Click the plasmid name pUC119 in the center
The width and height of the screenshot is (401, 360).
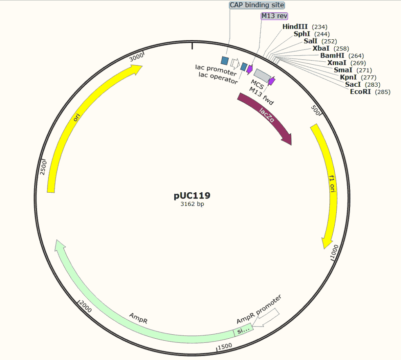192,196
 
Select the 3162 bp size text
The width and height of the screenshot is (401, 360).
192,204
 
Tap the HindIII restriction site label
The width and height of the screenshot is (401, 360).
305,27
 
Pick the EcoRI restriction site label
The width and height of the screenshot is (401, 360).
370,92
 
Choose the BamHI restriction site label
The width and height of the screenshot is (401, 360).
342,56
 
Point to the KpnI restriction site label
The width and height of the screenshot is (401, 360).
358,77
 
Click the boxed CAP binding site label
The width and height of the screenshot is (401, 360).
257,5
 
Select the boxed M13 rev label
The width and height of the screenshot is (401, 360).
275,16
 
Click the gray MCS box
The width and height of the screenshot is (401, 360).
262,75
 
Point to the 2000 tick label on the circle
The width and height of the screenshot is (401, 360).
86,306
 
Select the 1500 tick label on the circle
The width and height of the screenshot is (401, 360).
225,346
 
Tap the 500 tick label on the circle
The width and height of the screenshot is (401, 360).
315,110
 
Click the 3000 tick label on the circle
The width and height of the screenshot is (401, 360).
136,57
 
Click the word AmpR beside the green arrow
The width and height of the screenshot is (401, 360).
138,318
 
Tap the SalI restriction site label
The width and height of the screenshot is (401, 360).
320,41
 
